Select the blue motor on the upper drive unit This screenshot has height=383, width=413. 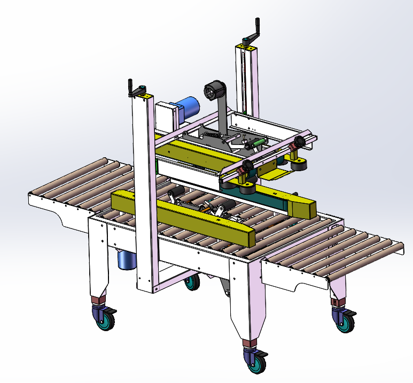click(x=187, y=107)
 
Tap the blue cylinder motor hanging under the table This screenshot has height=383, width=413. click(x=127, y=259)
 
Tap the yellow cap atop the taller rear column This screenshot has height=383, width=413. click(x=247, y=48)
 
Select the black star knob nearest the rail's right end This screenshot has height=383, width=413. click(x=300, y=142)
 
